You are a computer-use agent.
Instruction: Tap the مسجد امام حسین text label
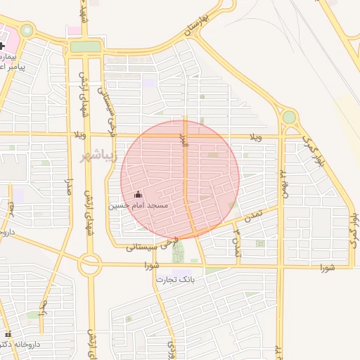(x=138, y=205)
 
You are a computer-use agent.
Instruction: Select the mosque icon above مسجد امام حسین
(x=138, y=194)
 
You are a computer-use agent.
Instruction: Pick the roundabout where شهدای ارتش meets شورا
(x=90, y=265)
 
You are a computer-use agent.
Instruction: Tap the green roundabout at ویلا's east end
(x=289, y=117)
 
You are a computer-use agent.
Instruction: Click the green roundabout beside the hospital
(x=27, y=30)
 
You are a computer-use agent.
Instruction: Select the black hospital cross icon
(x=3, y=46)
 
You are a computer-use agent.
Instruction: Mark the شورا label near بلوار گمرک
(x=327, y=267)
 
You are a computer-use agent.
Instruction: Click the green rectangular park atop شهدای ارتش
(x=86, y=46)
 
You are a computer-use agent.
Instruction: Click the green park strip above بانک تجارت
(x=178, y=251)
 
